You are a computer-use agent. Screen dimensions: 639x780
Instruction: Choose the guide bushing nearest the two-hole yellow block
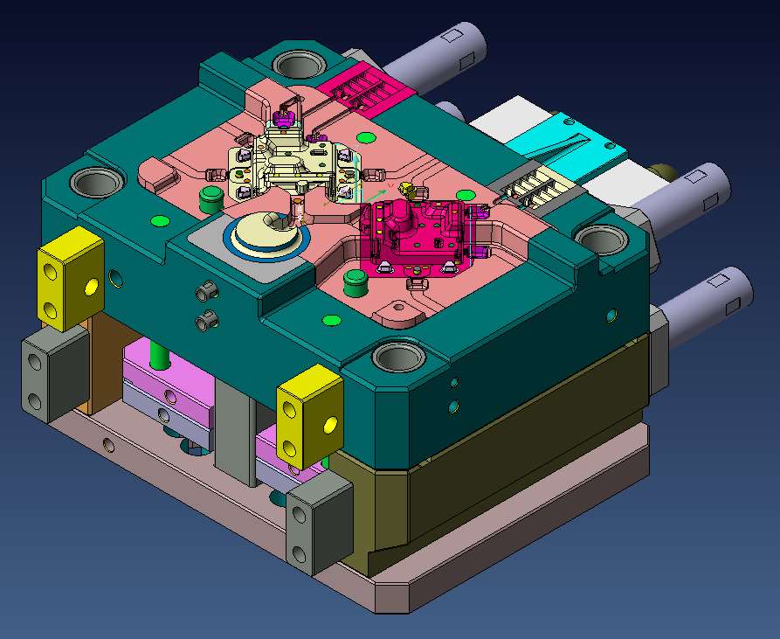pos(97,183)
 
